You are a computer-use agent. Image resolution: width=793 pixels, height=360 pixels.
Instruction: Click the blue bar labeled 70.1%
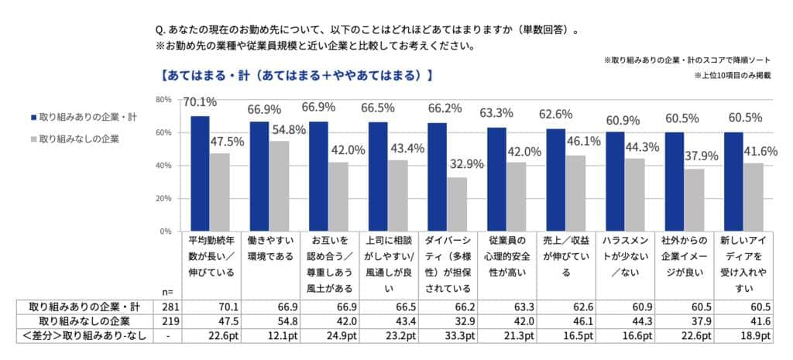[200, 173]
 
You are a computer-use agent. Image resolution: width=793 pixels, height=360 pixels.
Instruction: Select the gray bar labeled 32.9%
[457, 204]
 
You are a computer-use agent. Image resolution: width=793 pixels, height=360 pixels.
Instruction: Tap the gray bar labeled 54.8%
[279, 186]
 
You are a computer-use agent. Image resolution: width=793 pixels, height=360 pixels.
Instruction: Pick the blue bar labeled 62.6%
[556, 180]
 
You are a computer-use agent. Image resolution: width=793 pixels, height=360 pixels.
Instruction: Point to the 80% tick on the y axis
[163, 100]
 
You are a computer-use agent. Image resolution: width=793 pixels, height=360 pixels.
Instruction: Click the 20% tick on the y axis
[163, 199]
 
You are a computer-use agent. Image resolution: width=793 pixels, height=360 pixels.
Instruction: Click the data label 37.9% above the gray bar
[702, 156]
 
